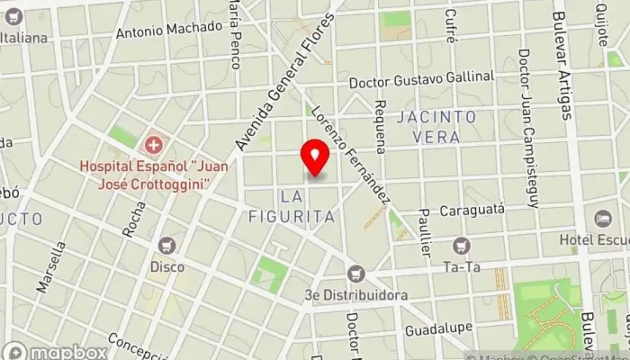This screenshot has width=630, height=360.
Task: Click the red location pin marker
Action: click(x=315, y=157)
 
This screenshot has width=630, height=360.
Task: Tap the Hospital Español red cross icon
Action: click(x=155, y=144)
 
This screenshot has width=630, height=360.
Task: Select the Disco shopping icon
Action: click(x=166, y=245)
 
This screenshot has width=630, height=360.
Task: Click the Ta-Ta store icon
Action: click(x=462, y=245)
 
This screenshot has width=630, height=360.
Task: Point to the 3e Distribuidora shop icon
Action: click(x=356, y=274)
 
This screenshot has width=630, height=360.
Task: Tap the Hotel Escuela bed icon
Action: click(x=602, y=219)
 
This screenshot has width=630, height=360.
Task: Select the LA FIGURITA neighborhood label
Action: click(x=307, y=206)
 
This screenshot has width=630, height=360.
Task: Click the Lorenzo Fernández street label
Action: click(x=350, y=154)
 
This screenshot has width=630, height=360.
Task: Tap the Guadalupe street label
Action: click(x=433, y=330)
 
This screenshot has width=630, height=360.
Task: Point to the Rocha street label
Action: click(x=133, y=218)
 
